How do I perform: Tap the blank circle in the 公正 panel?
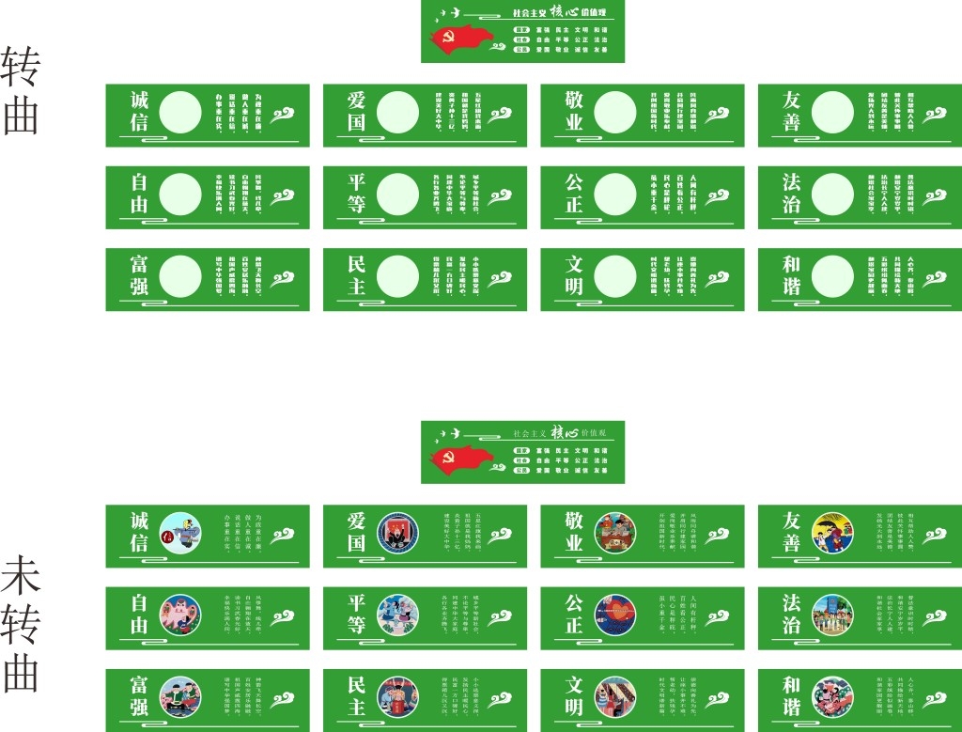click(x=615, y=195)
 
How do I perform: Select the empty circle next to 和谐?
click(x=832, y=276)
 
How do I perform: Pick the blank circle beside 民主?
click(x=397, y=276)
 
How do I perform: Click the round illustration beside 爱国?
click(x=397, y=533)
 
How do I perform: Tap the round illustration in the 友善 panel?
click(x=832, y=533)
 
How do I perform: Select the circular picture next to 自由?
click(x=179, y=615)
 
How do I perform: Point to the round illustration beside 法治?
click(x=832, y=615)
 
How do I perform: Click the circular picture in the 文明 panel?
click(x=615, y=696)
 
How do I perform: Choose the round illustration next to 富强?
click(x=179, y=696)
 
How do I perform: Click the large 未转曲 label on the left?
click(x=21, y=623)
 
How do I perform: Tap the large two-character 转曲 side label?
click(x=21, y=90)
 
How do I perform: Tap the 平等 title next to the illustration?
click(x=356, y=615)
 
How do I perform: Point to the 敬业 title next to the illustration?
click(x=574, y=533)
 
